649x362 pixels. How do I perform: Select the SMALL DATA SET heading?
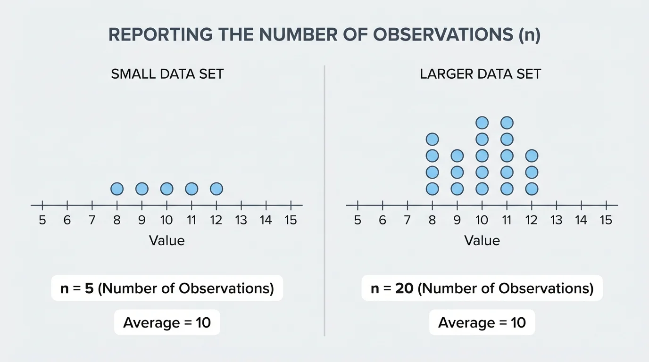click(x=167, y=74)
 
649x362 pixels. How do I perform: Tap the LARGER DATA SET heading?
click(x=480, y=74)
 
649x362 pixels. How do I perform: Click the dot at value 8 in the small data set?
click(x=117, y=189)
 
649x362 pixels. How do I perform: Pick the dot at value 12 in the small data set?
click(x=216, y=189)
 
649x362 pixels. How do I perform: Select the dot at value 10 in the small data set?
click(x=166, y=189)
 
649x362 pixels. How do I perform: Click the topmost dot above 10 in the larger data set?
click(x=482, y=123)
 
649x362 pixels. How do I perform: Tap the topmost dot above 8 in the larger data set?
click(x=432, y=140)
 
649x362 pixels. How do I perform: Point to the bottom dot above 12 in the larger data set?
click(x=532, y=189)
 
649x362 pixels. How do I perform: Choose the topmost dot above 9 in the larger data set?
click(x=457, y=156)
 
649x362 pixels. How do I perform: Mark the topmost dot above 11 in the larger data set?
click(x=507, y=123)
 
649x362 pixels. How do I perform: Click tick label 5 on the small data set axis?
click(x=42, y=220)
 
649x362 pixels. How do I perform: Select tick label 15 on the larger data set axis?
click(x=606, y=220)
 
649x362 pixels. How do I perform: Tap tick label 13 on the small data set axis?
click(x=241, y=220)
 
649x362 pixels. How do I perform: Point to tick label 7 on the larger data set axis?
click(x=407, y=220)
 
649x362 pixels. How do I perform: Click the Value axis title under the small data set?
click(x=166, y=241)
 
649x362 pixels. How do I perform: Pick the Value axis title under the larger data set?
click(x=482, y=241)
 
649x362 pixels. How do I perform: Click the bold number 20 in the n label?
click(x=405, y=288)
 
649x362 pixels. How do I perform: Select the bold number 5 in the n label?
click(x=89, y=288)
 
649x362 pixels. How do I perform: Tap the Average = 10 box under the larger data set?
click(x=482, y=323)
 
